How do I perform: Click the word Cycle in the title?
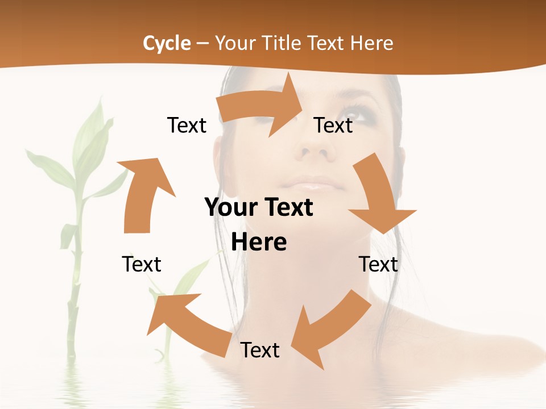[x=167, y=43]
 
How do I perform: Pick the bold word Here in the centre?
[x=259, y=242]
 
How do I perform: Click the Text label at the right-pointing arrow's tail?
[x=187, y=125]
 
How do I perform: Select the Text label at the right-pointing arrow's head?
[x=333, y=125]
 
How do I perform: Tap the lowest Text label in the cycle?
[x=259, y=350]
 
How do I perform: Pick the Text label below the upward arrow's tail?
[x=142, y=264]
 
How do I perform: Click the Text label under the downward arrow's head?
[x=378, y=264]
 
